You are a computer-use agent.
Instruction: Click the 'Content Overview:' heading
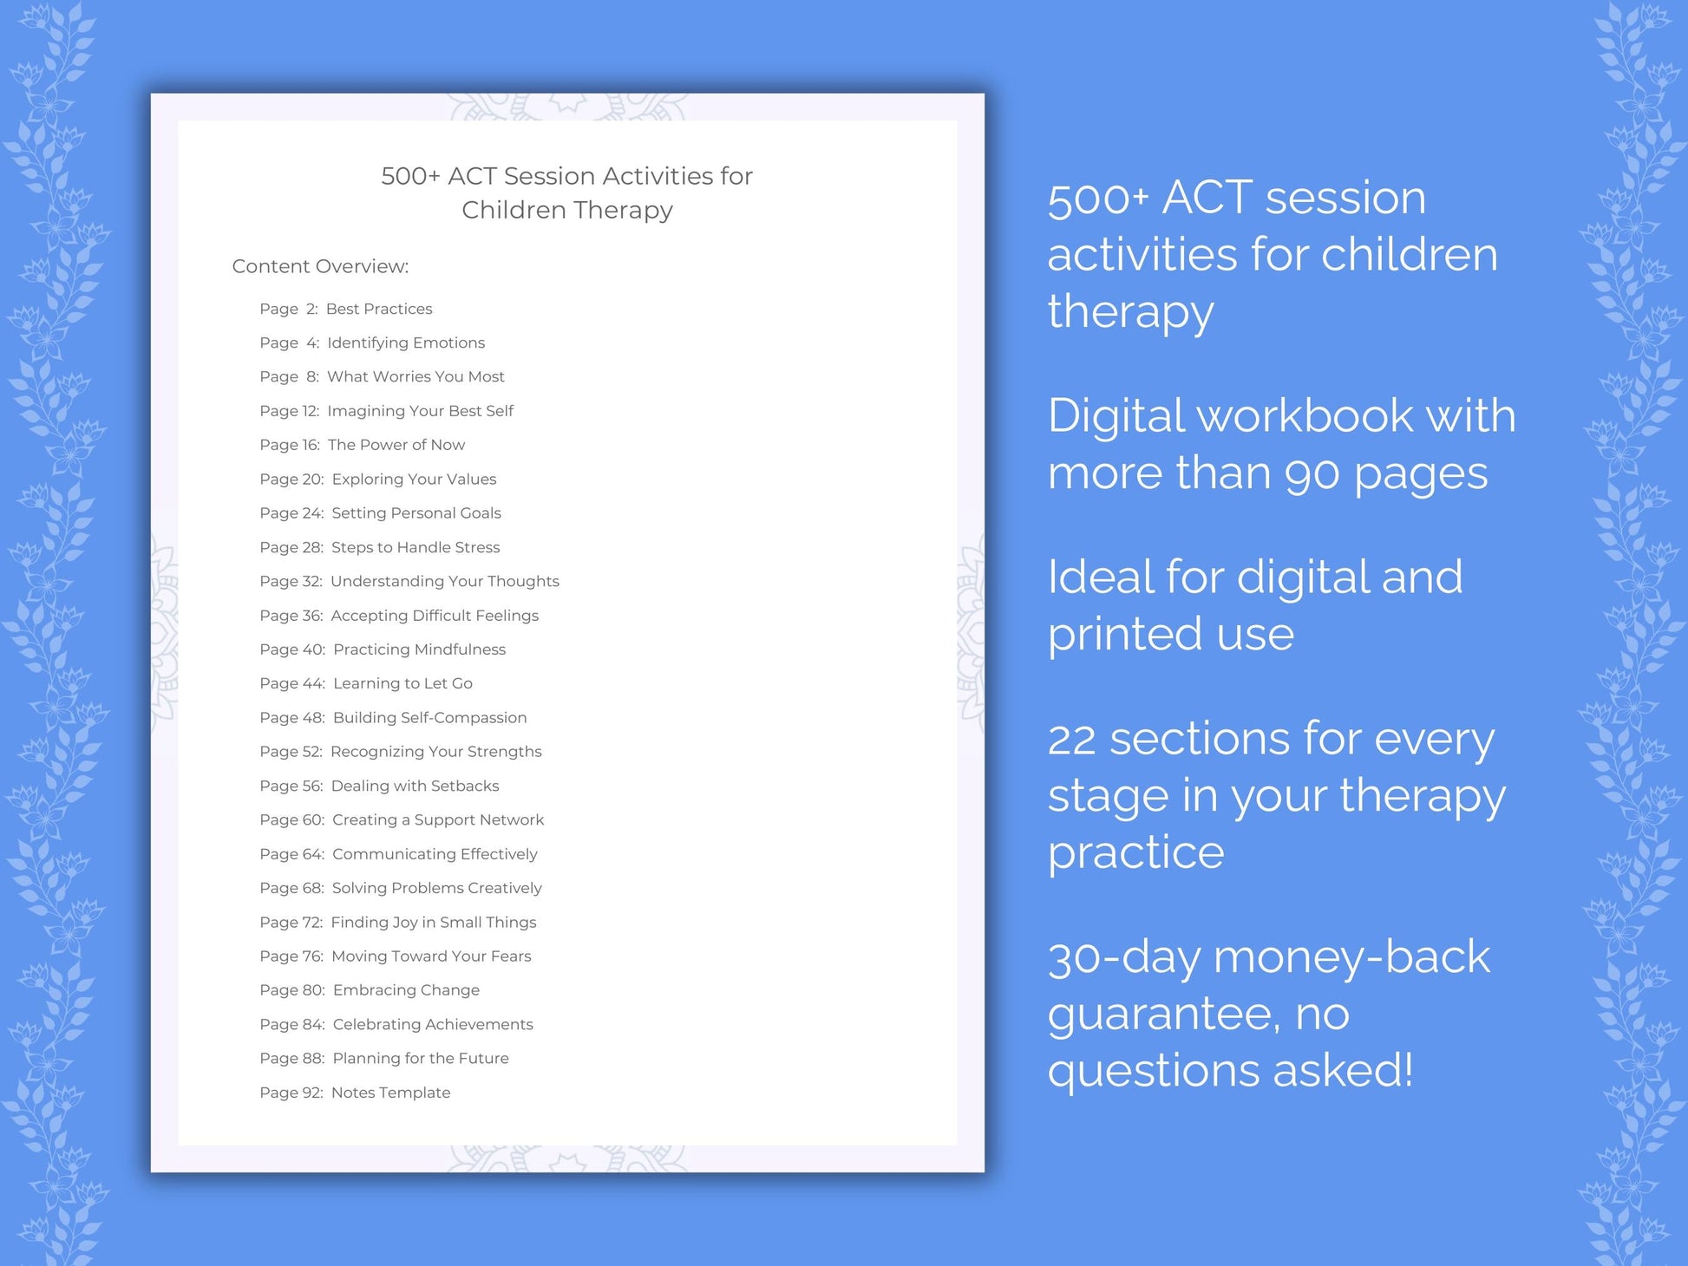[320, 266]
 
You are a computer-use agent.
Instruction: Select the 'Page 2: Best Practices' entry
[345, 309]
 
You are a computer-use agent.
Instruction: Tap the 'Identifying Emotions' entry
[405, 343]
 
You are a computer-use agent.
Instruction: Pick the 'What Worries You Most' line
[415, 376]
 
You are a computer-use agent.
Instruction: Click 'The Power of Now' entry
[396, 445]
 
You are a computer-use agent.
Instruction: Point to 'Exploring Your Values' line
[414, 479]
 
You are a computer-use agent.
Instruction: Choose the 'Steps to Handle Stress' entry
[415, 547]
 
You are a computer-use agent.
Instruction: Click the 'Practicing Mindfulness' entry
[419, 649]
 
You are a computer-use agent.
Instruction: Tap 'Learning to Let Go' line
[402, 683]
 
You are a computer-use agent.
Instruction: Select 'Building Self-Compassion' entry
[429, 717]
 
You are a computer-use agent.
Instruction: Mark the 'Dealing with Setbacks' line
[415, 786]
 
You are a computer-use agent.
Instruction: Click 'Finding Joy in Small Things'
[433, 922]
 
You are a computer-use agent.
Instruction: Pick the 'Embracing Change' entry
[406, 990]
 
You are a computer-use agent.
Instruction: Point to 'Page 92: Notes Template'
[355, 1093]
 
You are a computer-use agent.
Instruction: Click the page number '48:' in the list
[314, 717]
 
